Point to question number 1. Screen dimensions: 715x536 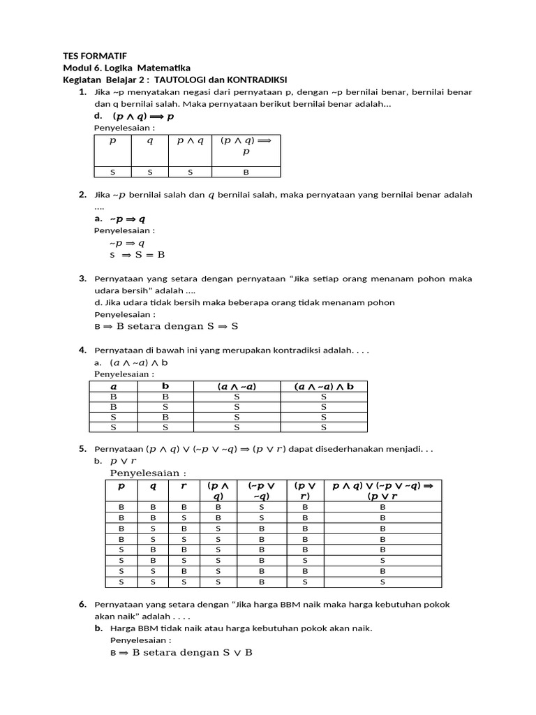pos(82,91)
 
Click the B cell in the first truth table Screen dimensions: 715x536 pos(246,172)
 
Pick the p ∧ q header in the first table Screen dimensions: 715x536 pos(190,140)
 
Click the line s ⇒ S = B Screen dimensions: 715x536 pos(137,255)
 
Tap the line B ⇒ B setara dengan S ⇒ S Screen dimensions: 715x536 pos(166,325)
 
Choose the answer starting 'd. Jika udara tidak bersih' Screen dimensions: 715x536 pos(244,302)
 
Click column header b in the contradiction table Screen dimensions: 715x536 pos(165,386)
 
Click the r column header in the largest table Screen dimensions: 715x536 pos(184,486)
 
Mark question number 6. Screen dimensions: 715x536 pos(82,604)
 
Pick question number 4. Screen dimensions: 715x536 pos(82,349)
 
